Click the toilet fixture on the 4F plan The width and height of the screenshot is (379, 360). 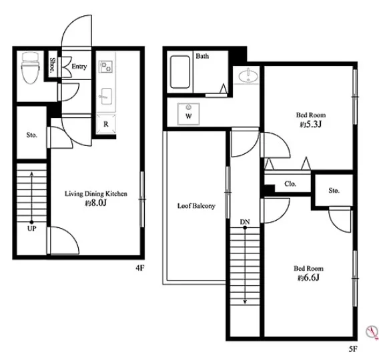click(x=31, y=68)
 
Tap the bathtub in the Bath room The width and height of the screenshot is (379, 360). click(x=179, y=72)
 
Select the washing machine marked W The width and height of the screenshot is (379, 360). click(x=189, y=114)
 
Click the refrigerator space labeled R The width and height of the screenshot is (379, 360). click(x=106, y=124)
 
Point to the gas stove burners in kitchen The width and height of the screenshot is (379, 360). click(x=106, y=67)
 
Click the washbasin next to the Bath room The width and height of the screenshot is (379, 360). click(x=248, y=76)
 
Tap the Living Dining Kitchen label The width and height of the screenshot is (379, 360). click(x=95, y=193)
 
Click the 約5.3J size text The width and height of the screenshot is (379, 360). click(x=311, y=125)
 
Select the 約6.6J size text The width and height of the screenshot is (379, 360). click(x=308, y=278)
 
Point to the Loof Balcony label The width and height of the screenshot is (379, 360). click(x=196, y=206)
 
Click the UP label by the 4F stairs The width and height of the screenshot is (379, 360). click(x=31, y=229)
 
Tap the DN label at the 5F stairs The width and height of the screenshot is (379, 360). click(x=245, y=222)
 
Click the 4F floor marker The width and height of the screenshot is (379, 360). click(x=140, y=268)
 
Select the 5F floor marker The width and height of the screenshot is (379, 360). click(x=353, y=349)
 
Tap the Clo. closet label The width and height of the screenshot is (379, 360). click(x=290, y=184)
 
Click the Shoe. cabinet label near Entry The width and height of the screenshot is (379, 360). click(x=52, y=65)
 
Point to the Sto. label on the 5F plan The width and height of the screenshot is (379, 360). click(x=334, y=191)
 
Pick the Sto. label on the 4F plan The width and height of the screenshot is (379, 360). click(x=32, y=135)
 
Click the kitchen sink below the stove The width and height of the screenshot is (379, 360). click(x=106, y=97)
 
